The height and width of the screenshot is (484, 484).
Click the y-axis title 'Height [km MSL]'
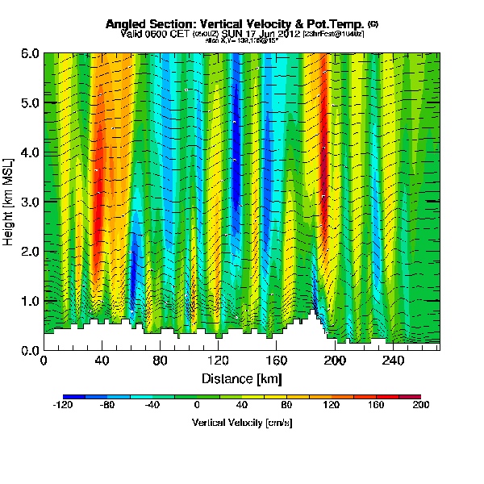(x=10, y=202)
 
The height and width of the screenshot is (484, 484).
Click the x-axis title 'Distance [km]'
(x=242, y=378)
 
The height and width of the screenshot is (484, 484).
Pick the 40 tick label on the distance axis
(x=102, y=361)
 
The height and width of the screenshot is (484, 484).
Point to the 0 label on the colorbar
(x=197, y=407)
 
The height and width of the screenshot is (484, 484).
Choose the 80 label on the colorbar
(x=286, y=407)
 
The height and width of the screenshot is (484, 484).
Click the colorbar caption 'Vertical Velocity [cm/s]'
(x=242, y=423)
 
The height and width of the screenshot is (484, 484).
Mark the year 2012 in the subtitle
(x=288, y=35)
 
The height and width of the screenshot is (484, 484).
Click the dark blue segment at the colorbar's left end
(x=69, y=396)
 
